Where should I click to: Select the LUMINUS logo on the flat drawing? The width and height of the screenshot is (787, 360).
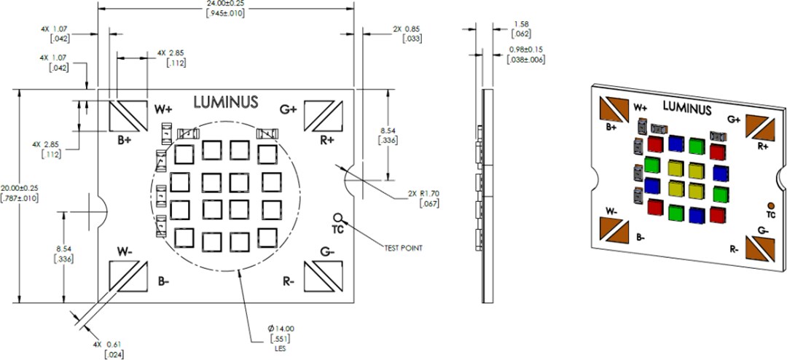(x=225, y=103)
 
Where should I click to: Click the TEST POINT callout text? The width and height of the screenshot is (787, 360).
(x=403, y=248)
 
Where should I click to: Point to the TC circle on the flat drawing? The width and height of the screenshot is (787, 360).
(x=338, y=217)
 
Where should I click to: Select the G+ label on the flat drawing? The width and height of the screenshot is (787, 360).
(x=289, y=109)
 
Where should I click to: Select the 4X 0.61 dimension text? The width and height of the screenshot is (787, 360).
(x=107, y=343)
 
